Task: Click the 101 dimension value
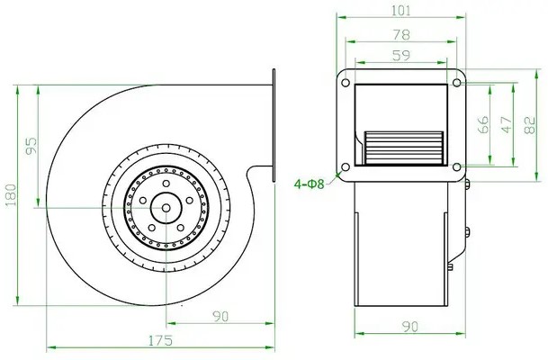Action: coord(400,11)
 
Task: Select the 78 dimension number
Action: coord(401,34)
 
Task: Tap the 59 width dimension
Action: coord(400,55)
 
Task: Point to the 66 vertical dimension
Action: coord(482,124)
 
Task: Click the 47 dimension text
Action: coord(507,125)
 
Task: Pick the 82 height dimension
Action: coord(530,125)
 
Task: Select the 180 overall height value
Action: coord(11,194)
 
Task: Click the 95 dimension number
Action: coord(31,146)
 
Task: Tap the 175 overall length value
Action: coord(161,340)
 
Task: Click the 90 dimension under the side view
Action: coord(220,316)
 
